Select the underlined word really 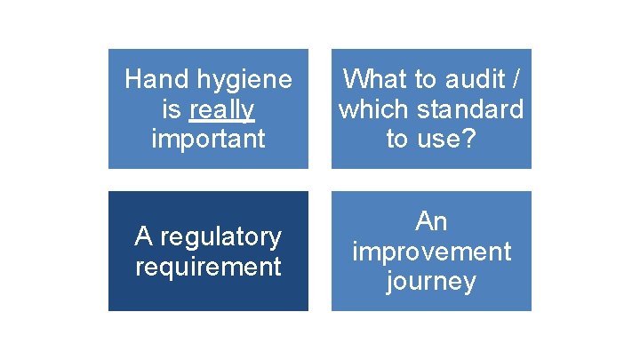[222, 109]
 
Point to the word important [208, 139]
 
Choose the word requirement [208, 267]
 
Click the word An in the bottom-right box [431, 221]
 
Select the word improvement [431, 252]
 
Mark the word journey [431, 282]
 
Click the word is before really [169, 109]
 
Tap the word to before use [397, 139]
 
